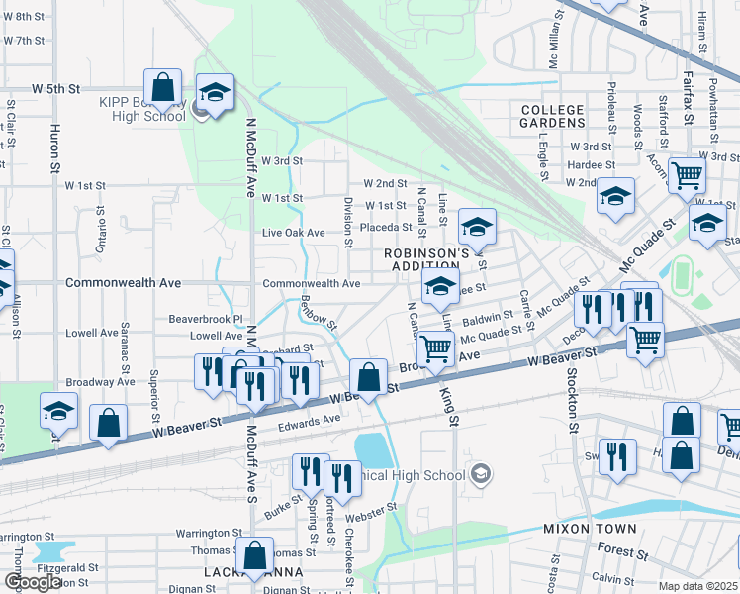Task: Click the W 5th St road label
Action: (55, 89)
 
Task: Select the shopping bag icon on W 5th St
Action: (163, 86)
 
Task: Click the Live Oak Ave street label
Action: (293, 233)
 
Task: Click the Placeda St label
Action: (385, 228)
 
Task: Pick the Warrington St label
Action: (209, 533)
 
